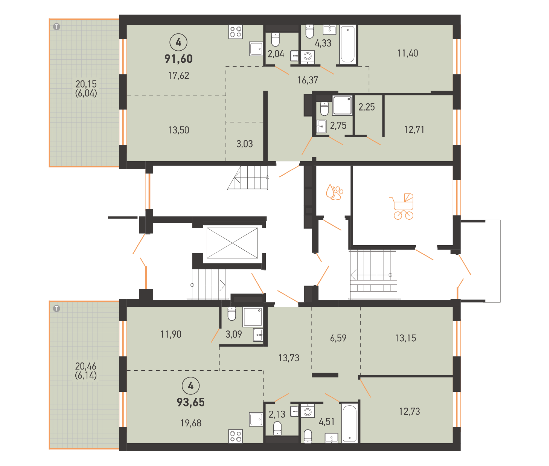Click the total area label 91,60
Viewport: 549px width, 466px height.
point(178,59)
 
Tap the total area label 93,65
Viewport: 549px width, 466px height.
point(191,402)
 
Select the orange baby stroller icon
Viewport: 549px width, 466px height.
point(402,206)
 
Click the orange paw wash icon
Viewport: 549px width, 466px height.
point(334,192)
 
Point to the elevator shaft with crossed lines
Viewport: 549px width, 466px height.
point(232,243)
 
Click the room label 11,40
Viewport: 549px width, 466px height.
point(407,53)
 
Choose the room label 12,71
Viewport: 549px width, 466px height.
point(414,130)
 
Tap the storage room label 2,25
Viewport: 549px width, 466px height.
point(366,107)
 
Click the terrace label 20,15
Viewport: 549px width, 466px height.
point(86,84)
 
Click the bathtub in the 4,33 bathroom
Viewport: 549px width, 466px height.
point(347,45)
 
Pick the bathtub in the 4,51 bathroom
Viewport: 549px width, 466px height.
point(350,423)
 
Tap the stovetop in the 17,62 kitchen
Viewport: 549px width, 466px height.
point(236,32)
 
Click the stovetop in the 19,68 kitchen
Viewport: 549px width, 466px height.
point(236,436)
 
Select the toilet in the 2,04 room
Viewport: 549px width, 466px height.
point(275,39)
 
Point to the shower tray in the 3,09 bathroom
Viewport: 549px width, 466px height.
point(253,317)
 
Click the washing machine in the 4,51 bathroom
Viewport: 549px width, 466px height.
point(308,411)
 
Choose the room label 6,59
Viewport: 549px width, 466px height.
point(338,338)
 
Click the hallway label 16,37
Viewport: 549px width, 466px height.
point(308,80)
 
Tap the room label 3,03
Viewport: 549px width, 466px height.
point(245,144)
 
